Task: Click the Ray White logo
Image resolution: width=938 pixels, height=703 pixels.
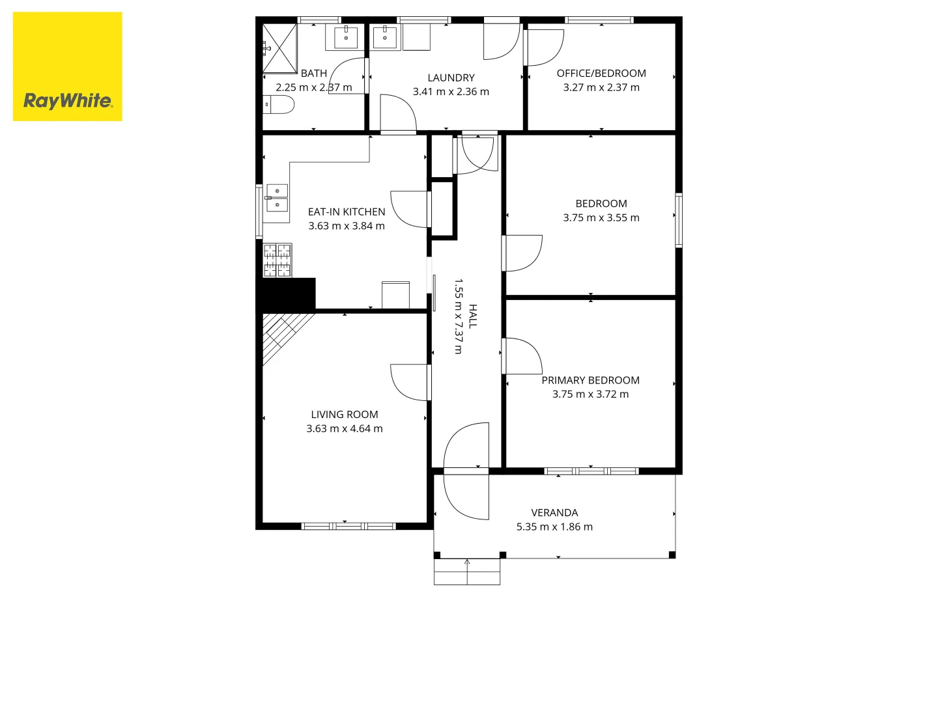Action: [x=67, y=66]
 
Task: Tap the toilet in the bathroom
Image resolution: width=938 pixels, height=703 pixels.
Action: [x=278, y=105]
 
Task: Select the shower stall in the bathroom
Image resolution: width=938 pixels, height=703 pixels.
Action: [x=279, y=48]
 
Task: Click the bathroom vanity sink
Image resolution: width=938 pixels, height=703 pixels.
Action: [x=346, y=36]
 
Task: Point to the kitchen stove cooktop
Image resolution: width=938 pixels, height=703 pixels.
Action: [x=277, y=260]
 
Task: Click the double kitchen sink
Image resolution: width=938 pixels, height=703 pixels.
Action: [x=277, y=198]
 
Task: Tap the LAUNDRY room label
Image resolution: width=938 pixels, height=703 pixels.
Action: [x=451, y=77]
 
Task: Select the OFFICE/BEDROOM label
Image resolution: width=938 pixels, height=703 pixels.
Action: [x=601, y=74]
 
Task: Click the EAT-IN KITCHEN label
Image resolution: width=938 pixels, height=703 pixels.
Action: [x=347, y=212]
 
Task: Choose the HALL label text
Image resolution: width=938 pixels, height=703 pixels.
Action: [x=473, y=316]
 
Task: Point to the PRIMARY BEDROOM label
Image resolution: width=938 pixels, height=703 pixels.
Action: [x=591, y=380]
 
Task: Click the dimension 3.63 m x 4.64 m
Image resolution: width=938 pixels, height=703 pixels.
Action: [x=345, y=428]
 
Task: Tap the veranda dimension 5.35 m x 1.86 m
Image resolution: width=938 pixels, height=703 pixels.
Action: [x=555, y=527]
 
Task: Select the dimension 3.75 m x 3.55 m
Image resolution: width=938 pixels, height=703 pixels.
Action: [x=601, y=217]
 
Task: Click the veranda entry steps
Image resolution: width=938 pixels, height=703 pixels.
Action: [x=467, y=572]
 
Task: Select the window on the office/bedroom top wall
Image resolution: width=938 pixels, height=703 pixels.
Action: [x=599, y=20]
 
